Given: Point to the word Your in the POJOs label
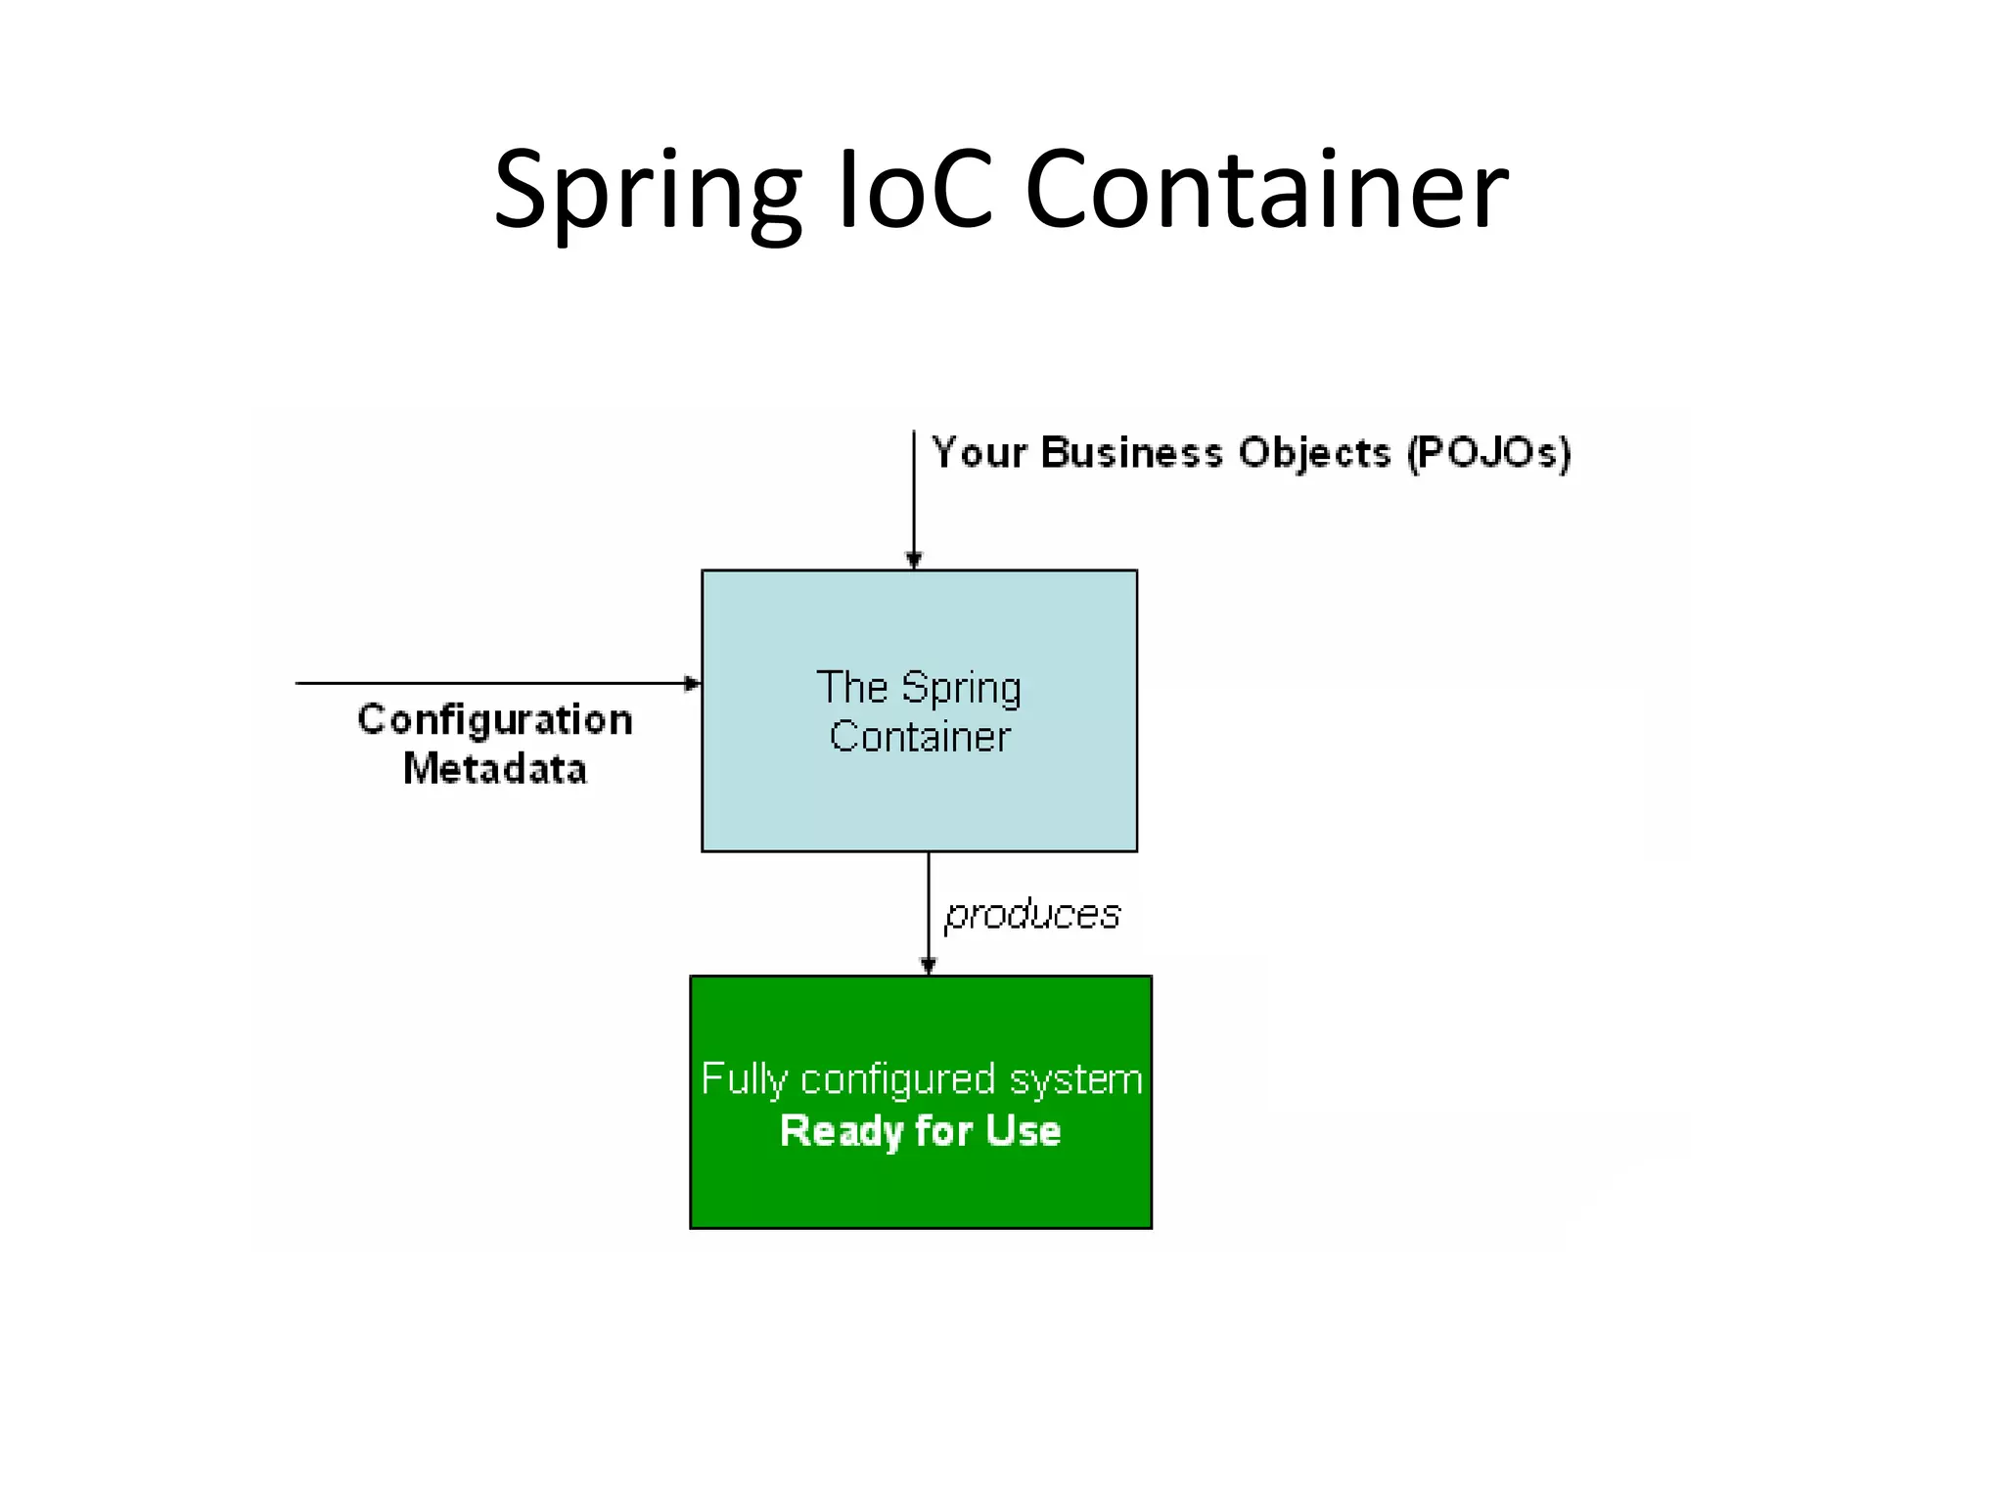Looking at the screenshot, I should [979, 453].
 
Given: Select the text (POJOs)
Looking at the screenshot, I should [1488, 453].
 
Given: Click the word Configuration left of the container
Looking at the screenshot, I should [495, 721].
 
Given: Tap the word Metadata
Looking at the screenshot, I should [495, 769].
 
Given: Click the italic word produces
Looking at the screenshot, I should [1031, 915].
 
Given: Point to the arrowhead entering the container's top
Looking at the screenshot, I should [914, 561].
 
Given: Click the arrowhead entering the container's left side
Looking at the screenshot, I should [692, 683].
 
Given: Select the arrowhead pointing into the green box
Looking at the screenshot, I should [929, 966].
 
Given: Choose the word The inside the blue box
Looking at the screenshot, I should [851, 687].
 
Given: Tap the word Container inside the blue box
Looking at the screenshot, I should [920, 737].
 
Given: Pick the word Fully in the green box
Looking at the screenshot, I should [745, 1080].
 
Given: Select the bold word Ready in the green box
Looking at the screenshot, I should [841, 1132].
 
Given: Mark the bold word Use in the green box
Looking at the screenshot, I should [1023, 1131].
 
